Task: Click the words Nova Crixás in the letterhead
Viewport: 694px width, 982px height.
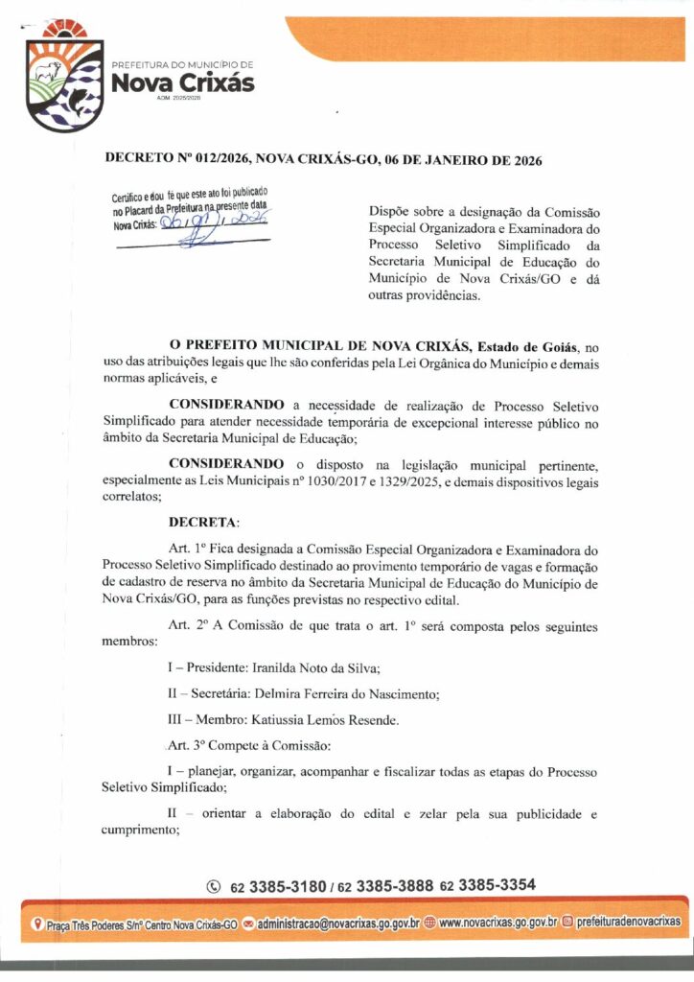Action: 183,83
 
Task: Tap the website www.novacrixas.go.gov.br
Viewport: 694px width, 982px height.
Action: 497,923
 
